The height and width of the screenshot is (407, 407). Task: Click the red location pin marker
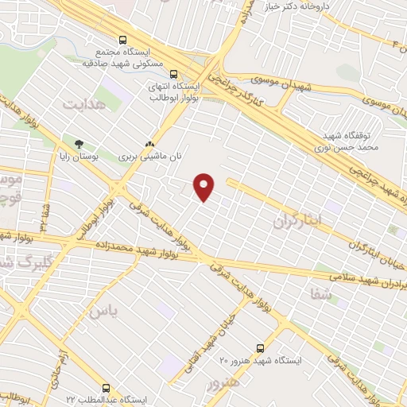[x=205, y=187]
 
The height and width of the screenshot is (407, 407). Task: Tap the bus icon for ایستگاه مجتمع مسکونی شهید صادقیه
[x=122, y=39]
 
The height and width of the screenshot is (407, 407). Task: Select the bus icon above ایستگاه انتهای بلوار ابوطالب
[x=173, y=75]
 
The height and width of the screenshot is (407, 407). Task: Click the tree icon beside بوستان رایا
[x=78, y=144]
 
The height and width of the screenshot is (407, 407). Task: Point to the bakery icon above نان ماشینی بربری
[x=148, y=144]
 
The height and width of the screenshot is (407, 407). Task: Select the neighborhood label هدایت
[x=83, y=104]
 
